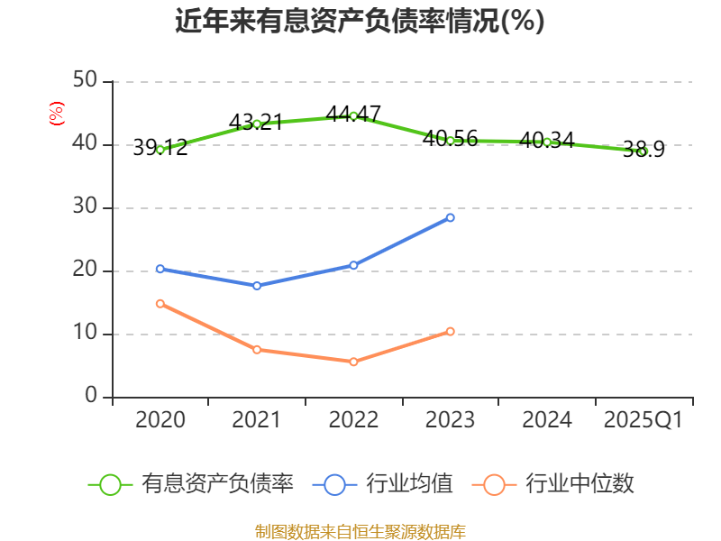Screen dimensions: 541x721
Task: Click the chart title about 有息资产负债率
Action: pos(360,21)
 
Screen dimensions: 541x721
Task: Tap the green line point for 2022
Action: pos(353,115)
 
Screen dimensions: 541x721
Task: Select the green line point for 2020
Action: pos(160,150)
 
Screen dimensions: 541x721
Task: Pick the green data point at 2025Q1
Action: pos(643,151)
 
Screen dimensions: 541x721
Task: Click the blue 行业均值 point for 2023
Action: pos(450,217)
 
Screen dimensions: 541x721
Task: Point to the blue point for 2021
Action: pos(257,286)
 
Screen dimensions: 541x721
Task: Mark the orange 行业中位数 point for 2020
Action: pos(160,303)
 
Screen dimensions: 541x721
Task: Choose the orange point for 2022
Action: pos(353,362)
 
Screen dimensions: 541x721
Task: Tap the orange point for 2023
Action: pos(450,331)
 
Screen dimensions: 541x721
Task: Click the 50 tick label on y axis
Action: pos(86,81)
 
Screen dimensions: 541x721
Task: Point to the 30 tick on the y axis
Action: pos(86,207)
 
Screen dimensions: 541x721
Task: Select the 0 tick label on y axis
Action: pos(91,397)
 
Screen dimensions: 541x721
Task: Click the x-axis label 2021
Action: pos(257,420)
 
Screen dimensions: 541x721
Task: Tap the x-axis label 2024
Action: pos(546,420)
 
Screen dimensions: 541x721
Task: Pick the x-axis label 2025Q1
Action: pos(643,420)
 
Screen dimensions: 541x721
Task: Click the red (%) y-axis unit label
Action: pos(56,114)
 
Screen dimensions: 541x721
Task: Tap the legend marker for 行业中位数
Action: pos(493,484)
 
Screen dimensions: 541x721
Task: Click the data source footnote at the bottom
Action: pos(360,531)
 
